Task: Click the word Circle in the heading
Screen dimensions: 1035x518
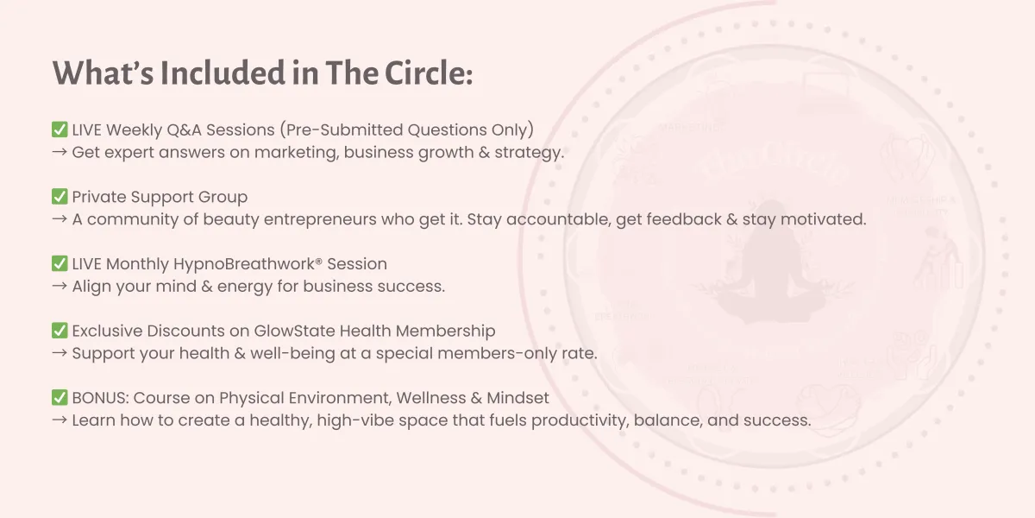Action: coord(429,73)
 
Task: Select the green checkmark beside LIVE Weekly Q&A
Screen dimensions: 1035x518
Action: coord(60,129)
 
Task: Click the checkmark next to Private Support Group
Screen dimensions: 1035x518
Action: coord(60,197)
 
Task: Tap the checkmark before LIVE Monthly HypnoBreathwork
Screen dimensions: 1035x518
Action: coord(60,263)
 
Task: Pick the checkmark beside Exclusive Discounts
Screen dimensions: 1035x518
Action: coord(60,331)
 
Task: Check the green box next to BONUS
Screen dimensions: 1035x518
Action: coord(60,398)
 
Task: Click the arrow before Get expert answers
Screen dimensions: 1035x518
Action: coord(60,152)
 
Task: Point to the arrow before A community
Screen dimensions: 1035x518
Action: coord(60,218)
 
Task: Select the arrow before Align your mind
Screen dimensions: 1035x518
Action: coord(60,286)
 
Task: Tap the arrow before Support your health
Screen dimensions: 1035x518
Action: coord(60,353)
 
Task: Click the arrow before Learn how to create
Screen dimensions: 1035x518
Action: coord(60,420)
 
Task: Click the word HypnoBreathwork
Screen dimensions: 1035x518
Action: coord(244,264)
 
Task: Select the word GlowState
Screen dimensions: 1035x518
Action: coord(294,331)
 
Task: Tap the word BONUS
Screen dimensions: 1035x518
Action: coord(100,398)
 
